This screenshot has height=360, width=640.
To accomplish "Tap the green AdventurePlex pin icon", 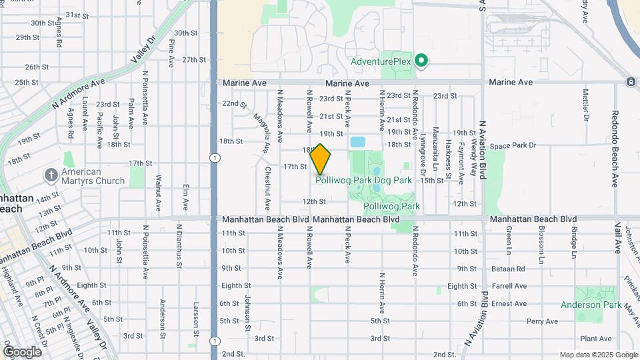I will (x=421, y=61).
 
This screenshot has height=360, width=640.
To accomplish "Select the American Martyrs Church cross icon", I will (x=51, y=175).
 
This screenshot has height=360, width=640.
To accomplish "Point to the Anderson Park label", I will (x=591, y=305).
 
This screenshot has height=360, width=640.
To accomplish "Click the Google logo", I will (x=21, y=352).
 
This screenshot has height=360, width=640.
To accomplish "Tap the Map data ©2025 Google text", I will (x=598, y=355).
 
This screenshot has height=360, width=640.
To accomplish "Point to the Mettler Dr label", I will (x=587, y=105).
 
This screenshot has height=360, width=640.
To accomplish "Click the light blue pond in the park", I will (x=358, y=142).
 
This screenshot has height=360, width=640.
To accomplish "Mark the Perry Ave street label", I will (x=542, y=321).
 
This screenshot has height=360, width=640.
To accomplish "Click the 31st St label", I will (x=77, y=15).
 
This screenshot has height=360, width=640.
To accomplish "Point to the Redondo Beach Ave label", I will (x=615, y=148).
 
